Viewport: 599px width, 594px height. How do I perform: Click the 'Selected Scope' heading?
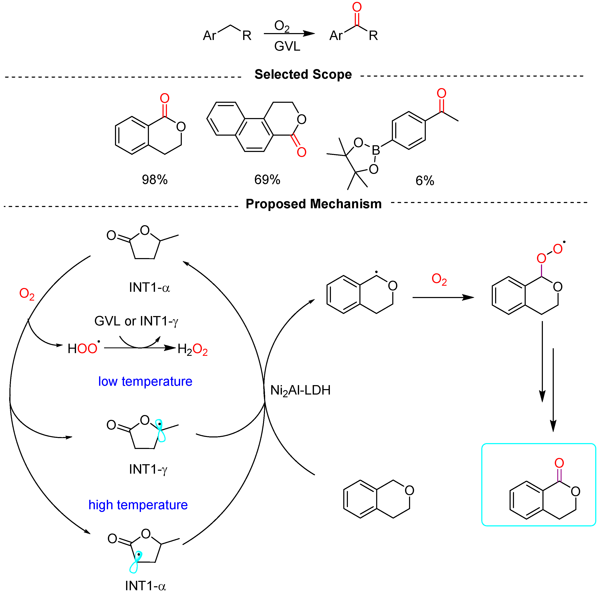[303, 74]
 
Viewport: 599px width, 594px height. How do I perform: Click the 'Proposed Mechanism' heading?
[314, 204]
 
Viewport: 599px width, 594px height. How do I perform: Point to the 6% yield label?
[425, 181]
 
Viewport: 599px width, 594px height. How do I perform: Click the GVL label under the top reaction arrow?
[287, 46]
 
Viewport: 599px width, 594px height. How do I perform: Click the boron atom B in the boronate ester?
[376, 150]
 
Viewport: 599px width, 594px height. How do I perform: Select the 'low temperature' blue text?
[145, 381]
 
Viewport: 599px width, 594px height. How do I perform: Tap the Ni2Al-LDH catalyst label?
[300, 390]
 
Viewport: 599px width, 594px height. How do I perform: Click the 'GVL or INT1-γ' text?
[136, 321]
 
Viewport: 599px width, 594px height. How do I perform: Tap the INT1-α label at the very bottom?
[145, 586]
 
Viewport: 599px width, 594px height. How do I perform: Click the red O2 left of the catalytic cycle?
[27, 293]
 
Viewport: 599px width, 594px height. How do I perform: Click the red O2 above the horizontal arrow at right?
[439, 279]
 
